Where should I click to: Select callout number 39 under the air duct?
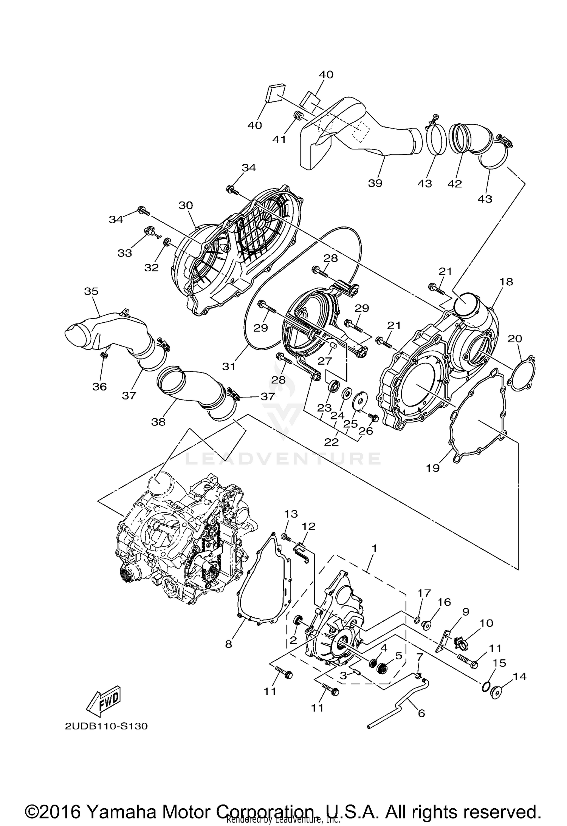pos(375,183)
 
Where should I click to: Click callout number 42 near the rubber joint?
pos(455,184)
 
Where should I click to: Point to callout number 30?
pos(186,206)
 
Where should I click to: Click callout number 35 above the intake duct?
pos(91,291)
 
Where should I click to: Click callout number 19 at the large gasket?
pos(433,468)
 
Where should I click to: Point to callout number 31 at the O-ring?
pos(228,366)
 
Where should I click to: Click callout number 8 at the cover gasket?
pos(228,644)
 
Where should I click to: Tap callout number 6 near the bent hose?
pos(421,713)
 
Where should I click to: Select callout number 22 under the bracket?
pos(331,442)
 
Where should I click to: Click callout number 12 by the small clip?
pos(308,526)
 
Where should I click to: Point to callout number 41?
pos(279,139)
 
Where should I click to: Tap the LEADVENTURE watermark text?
pos(283,458)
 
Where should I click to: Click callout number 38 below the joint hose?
pos(158,422)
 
